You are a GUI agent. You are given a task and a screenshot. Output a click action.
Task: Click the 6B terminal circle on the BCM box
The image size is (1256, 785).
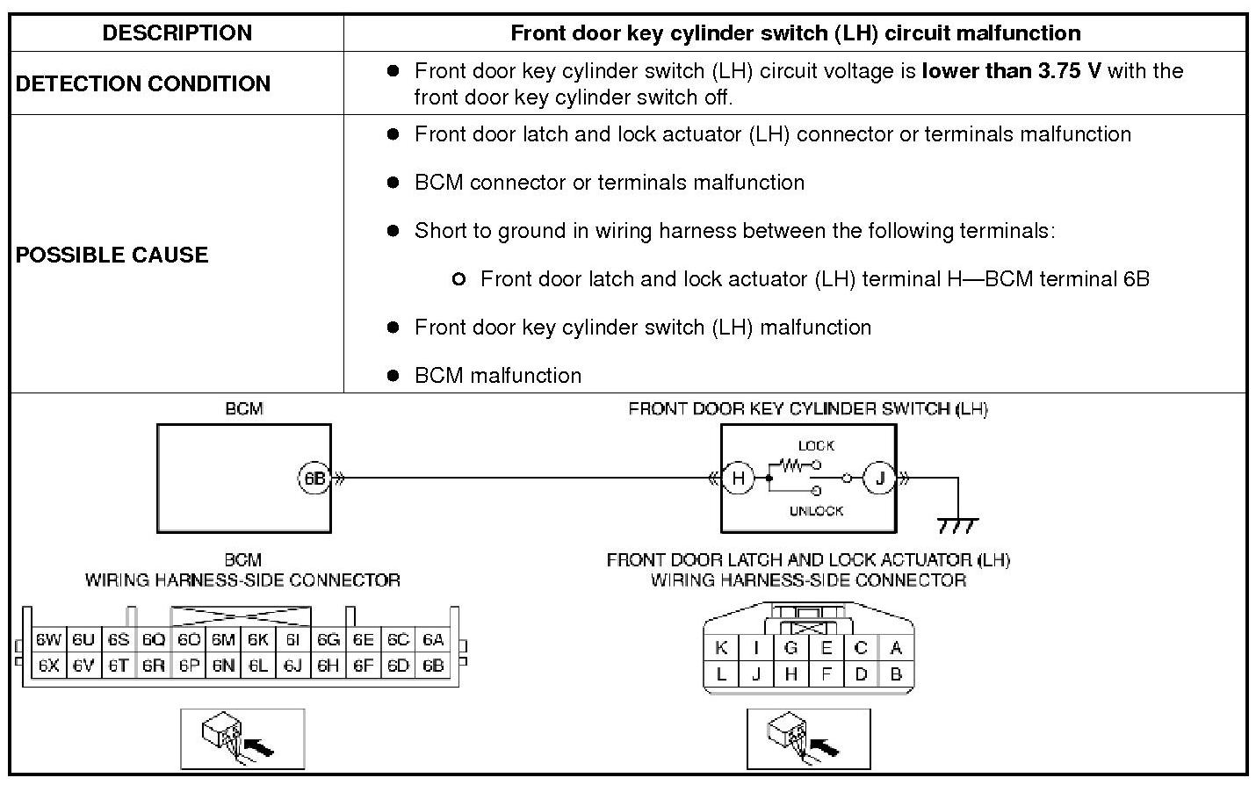click(x=314, y=479)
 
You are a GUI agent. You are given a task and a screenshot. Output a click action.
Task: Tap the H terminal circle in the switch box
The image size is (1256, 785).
click(x=738, y=479)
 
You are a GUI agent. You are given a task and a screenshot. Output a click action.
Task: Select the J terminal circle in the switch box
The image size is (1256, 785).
click(x=879, y=479)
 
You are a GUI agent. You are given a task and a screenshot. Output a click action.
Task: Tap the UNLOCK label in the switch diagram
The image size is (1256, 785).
click(x=816, y=511)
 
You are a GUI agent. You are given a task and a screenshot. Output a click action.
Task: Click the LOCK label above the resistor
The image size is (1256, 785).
click(x=816, y=446)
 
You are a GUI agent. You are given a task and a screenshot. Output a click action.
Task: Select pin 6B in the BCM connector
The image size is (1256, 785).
click(x=433, y=666)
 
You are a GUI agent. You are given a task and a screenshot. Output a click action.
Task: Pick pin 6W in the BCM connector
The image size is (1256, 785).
click(x=48, y=640)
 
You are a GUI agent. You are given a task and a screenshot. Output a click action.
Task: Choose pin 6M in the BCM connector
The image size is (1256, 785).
click(x=223, y=640)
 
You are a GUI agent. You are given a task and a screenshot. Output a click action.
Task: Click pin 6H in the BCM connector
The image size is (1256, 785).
click(x=328, y=666)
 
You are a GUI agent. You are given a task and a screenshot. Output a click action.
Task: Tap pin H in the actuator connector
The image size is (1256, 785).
click(x=790, y=674)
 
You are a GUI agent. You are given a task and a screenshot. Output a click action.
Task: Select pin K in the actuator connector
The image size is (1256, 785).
click(x=721, y=648)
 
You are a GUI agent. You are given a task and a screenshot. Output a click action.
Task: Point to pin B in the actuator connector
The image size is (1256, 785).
click(x=896, y=674)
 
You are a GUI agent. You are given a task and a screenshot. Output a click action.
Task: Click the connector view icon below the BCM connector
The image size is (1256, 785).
click(x=242, y=738)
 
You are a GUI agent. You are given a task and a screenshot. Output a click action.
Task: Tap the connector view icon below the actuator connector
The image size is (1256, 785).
click(x=808, y=738)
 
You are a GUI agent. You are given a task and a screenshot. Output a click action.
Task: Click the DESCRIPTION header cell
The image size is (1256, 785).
click(x=177, y=33)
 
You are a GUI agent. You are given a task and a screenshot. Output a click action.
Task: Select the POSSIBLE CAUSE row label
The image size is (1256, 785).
click(x=112, y=255)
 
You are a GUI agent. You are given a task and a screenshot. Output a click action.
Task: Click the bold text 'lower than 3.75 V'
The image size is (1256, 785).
click(x=1011, y=71)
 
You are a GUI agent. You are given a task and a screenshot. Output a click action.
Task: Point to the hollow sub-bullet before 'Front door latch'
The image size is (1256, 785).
click(x=458, y=279)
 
